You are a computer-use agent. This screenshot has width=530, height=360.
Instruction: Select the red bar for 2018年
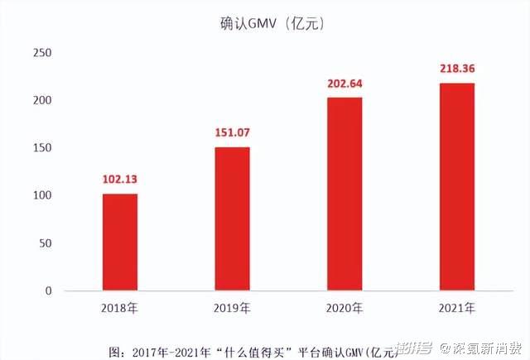tap(120, 242)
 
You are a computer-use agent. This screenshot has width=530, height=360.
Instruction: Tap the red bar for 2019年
tap(232, 218)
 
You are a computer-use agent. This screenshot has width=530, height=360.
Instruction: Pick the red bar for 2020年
tap(344, 194)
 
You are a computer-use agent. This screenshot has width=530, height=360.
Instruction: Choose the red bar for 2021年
tap(456, 186)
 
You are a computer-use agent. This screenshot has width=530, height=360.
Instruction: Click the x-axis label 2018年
tap(120, 309)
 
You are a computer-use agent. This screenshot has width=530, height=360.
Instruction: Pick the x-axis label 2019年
tap(232, 309)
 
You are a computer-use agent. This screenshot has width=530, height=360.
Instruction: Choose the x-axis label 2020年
tap(344, 309)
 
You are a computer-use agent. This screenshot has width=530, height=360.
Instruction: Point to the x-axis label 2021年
tap(456, 309)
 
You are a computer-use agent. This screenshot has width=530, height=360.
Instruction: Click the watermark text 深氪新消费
tap(485, 347)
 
